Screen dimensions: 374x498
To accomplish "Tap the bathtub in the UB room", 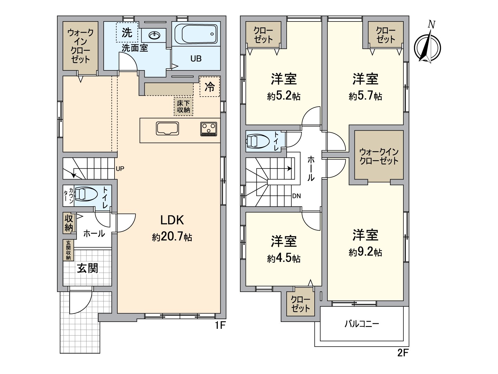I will [x=196, y=34].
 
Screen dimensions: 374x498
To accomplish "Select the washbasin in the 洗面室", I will [x=154, y=35].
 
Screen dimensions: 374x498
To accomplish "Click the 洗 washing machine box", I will [x=127, y=32].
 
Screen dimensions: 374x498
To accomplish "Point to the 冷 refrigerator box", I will [x=209, y=87].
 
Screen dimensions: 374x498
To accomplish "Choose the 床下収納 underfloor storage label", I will [x=183, y=107].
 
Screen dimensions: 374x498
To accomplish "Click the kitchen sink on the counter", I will [x=167, y=128].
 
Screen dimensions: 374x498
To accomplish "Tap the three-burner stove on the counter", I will [x=209, y=129].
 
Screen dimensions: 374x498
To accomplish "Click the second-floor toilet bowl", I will [x=257, y=141].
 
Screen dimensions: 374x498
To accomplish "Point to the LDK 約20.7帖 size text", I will [x=172, y=237].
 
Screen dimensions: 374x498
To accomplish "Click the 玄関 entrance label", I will [x=87, y=268].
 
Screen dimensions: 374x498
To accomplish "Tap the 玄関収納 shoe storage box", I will [x=68, y=250].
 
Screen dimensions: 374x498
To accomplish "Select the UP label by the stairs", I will [x=120, y=169].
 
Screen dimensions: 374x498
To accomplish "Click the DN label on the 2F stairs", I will [x=296, y=196].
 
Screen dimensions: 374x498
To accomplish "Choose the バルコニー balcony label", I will [x=362, y=324].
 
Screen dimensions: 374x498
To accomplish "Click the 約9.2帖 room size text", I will [x=365, y=252].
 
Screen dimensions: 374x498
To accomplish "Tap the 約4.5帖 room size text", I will [x=284, y=258].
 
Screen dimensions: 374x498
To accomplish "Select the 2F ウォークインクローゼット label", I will [x=379, y=156].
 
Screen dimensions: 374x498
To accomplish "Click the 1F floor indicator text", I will [x=220, y=325].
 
